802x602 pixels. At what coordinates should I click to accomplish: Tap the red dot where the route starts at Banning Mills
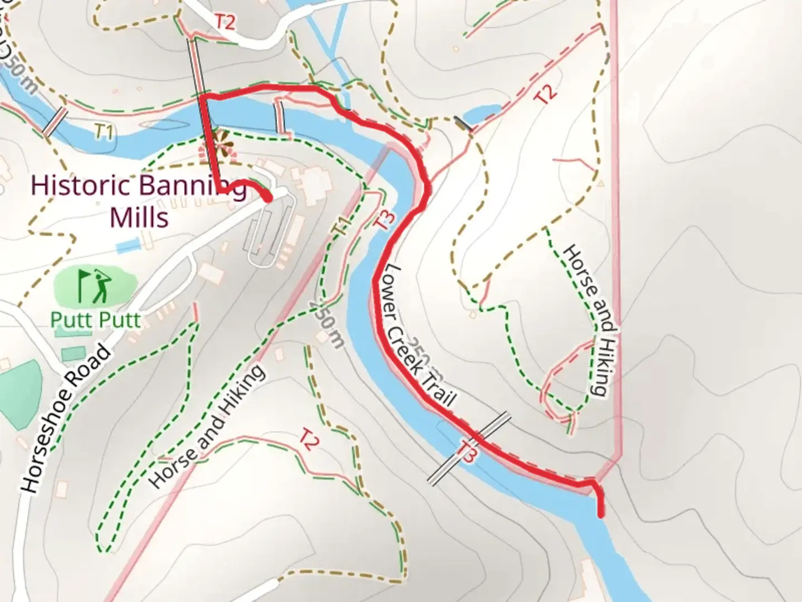tap(267, 197)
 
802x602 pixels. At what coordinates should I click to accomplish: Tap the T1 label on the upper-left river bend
tap(104, 133)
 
